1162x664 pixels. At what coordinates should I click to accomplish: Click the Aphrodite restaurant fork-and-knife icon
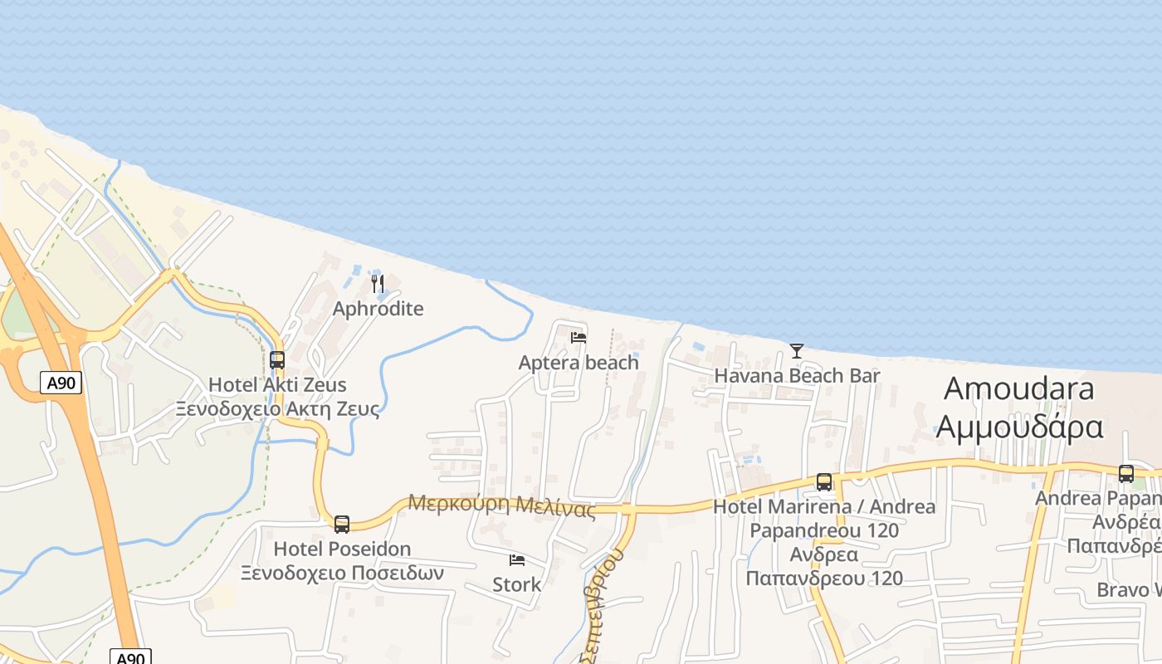click(378, 285)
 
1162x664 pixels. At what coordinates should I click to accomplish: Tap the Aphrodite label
click(378, 309)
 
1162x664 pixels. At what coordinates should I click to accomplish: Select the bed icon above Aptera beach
click(579, 338)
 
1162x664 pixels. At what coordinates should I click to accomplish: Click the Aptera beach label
click(579, 363)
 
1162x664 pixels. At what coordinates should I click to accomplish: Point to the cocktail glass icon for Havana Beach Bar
click(797, 351)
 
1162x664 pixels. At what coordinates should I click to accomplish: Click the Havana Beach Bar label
click(797, 375)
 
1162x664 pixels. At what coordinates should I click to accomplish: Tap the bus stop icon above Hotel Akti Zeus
click(277, 360)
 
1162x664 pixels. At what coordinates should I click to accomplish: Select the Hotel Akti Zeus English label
click(277, 385)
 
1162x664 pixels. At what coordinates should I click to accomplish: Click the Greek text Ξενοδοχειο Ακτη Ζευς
click(277, 408)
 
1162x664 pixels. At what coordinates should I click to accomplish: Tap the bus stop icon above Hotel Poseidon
click(342, 525)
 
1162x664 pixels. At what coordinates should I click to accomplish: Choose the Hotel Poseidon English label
click(342, 549)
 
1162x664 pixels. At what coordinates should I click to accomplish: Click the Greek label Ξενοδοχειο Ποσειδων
click(342, 573)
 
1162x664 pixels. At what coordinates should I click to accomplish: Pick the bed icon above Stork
click(517, 560)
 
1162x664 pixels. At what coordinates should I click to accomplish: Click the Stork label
click(517, 584)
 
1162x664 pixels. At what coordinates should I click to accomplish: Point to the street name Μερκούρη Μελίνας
click(501, 505)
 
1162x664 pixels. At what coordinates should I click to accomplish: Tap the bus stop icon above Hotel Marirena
click(824, 482)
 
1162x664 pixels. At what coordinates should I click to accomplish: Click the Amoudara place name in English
click(1019, 388)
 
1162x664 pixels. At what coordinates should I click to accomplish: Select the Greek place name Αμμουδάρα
click(1019, 427)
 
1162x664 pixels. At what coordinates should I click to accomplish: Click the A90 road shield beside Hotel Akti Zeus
click(61, 383)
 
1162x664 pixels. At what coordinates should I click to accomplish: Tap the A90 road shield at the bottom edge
click(130, 657)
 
